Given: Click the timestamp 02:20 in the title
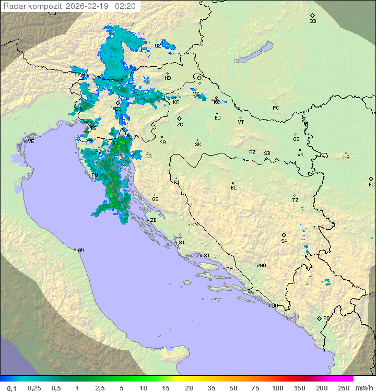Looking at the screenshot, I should (125, 6).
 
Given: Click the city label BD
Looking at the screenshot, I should (313, 21).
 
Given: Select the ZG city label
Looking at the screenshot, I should (180, 125).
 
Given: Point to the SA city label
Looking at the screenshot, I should (284, 241).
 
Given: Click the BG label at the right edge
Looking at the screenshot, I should (371, 185).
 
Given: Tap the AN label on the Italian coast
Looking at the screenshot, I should (81, 250).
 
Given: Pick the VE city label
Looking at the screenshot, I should (31, 141).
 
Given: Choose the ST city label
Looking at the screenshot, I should (207, 256).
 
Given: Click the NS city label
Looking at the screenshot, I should (346, 158).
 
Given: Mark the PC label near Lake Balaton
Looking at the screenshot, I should (276, 108).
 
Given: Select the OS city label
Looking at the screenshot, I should (296, 139).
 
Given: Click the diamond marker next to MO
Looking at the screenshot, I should (258, 265).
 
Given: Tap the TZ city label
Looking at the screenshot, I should (295, 200).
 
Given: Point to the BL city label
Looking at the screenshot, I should (233, 188).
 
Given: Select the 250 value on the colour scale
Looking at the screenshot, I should (344, 388).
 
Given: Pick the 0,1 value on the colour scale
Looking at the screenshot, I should (11, 388).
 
